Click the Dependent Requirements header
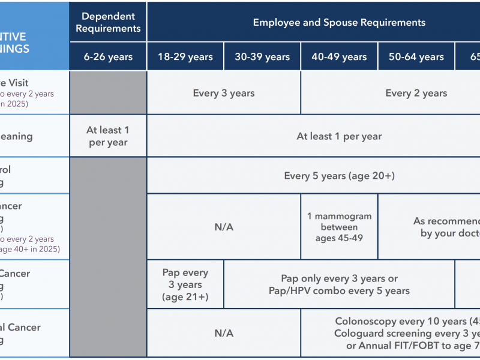point(108,22)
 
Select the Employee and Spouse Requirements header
point(339,22)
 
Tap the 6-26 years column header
point(108,57)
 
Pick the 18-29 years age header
point(185,57)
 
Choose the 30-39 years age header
point(262,57)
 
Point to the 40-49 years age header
point(339,57)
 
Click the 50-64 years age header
point(416,57)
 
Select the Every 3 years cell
point(224,93)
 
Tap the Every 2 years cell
point(416,93)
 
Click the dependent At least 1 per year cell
point(108,136)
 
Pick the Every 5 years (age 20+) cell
point(339,176)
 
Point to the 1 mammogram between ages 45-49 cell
point(339,227)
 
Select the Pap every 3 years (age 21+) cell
point(185,284)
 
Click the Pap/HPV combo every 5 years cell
point(339,284)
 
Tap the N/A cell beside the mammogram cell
point(224,227)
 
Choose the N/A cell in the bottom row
point(224,333)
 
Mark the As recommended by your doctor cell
point(444,227)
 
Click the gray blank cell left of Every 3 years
point(108,93)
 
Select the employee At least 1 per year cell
point(339,136)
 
